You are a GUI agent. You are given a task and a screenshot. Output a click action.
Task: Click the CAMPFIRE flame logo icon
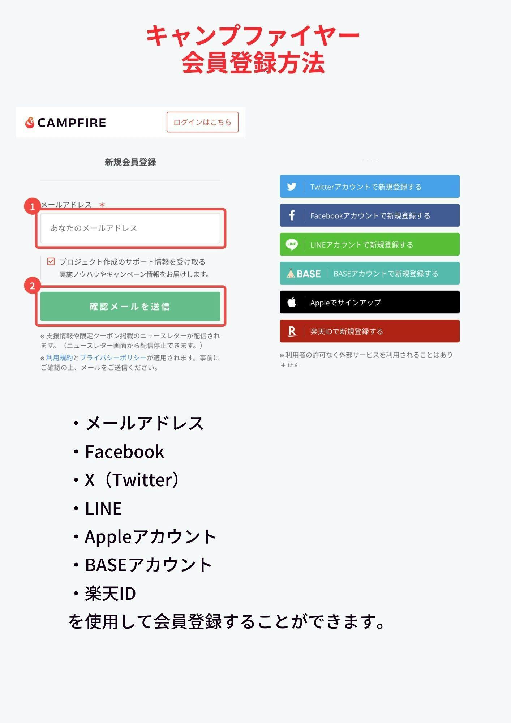click(x=30, y=123)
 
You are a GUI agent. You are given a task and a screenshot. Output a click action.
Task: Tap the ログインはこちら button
click(x=202, y=122)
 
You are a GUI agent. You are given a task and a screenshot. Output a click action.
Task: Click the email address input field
click(x=130, y=228)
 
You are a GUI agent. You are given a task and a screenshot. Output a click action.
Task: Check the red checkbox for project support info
click(x=51, y=261)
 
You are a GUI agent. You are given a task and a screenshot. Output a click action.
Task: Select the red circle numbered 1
click(x=32, y=206)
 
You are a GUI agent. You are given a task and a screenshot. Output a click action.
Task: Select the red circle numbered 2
click(x=32, y=286)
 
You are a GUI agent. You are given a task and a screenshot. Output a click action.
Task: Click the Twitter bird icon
click(x=292, y=187)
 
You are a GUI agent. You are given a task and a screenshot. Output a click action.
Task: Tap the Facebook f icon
click(x=292, y=215)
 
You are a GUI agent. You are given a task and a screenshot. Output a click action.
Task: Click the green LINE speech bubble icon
click(x=292, y=244)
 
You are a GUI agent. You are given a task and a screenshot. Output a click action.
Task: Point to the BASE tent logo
click(x=291, y=273)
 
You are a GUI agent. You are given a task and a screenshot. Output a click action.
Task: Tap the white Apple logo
click(x=292, y=302)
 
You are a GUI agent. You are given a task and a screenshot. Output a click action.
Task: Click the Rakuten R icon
click(x=292, y=331)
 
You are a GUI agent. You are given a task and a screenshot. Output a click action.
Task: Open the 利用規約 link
click(x=59, y=358)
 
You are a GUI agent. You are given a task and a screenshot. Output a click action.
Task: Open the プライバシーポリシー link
click(x=113, y=358)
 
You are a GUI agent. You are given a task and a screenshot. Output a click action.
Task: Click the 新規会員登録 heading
click(x=130, y=162)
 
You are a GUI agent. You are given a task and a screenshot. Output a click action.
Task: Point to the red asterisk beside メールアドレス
click(x=102, y=205)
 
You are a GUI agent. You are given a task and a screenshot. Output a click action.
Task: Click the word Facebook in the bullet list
click(x=125, y=452)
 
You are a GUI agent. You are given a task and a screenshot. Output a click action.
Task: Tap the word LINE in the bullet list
click(x=103, y=508)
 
